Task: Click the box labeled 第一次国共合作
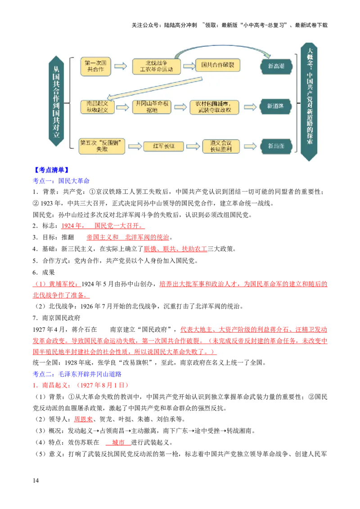pyautogui.click(x=95, y=66)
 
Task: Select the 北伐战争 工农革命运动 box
pyautogui.click(x=156, y=66)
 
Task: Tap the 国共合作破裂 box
pyautogui.click(x=218, y=66)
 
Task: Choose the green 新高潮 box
pyautogui.click(x=276, y=66)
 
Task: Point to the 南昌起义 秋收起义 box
pyautogui.click(x=97, y=107)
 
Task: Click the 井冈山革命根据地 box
pyautogui.click(x=153, y=107)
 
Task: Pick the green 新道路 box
pyautogui.click(x=276, y=107)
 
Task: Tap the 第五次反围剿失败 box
pyautogui.click(x=101, y=146)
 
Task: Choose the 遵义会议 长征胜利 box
pyautogui.click(x=220, y=146)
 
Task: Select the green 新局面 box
pyautogui.click(x=276, y=146)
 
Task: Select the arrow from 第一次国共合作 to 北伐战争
pyautogui.click(x=120, y=66)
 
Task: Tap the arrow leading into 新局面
pyautogui.click(x=250, y=146)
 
